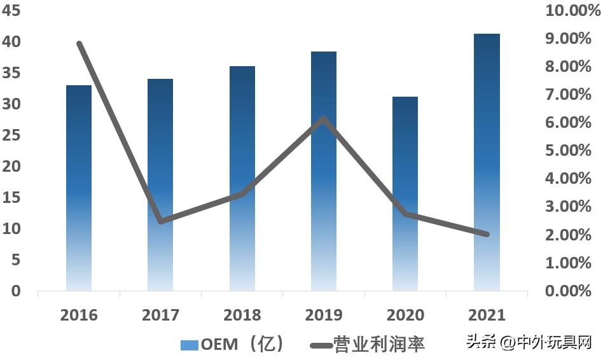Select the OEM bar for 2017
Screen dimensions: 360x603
[x=160, y=184]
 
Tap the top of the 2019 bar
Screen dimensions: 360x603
[x=324, y=53]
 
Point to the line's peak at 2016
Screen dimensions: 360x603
[x=80, y=44]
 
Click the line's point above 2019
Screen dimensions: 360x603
[x=324, y=119]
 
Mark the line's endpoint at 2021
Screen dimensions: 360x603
[x=487, y=234]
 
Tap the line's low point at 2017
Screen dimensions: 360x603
[x=160, y=221]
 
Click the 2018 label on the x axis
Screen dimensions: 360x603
[x=242, y=315]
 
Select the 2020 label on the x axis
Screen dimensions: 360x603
[x=405, y=315]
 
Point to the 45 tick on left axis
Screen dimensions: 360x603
[x=11, y=11]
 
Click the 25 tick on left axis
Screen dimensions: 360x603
[x=11, y=135]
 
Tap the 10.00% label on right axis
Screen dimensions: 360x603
[x=568, y=11]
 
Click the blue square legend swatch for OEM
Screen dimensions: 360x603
[x=190, y=345]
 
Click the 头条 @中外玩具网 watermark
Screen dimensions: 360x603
[x=529, y=342]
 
